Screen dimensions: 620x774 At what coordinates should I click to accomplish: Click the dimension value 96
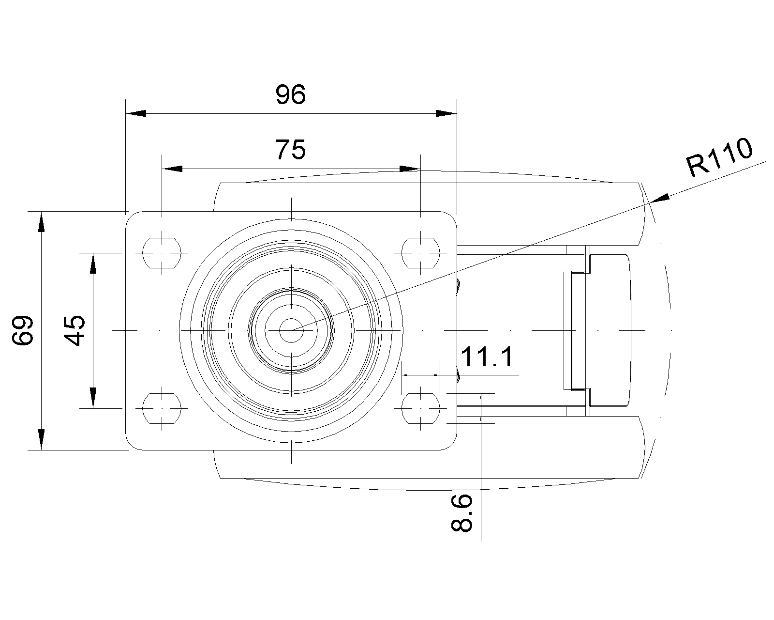pos(291,95)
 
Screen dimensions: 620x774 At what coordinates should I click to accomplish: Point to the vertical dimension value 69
pos(23,330)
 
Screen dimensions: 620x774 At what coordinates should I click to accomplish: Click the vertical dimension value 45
pos(75,330)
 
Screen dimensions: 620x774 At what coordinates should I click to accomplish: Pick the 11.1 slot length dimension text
pos(487,358)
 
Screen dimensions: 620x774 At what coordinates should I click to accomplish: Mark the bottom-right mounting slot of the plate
pos(420,408)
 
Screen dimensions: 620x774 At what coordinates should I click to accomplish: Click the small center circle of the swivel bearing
pos(292,330)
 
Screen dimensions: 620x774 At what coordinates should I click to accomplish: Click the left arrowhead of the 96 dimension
pos(136,113)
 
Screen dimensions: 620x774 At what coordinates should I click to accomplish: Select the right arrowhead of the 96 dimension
pos(446,113)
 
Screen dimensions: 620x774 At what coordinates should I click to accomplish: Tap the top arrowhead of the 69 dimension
pos(42,222)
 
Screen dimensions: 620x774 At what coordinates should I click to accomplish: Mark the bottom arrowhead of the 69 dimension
pos(42,440)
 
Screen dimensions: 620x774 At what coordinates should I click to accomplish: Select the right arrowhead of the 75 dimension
pos(410,169)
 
